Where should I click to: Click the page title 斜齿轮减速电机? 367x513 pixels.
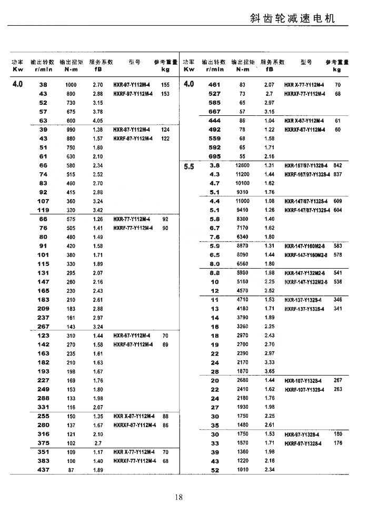292,19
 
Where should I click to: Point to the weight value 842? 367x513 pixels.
338,165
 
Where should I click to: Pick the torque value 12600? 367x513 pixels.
242,165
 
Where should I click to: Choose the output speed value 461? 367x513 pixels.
215,84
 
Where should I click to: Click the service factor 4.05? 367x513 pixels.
97,121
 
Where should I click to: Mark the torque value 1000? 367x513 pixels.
71,84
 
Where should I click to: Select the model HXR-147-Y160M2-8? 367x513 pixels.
306,246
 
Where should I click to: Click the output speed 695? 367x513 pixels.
215,156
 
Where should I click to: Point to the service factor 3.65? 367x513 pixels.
270,371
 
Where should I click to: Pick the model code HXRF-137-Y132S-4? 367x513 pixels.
304,309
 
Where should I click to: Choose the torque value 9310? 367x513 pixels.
242,192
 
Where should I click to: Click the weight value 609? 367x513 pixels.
338,201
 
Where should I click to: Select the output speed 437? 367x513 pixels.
43,470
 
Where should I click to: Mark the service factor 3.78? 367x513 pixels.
97,112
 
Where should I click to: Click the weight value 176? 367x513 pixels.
338,443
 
